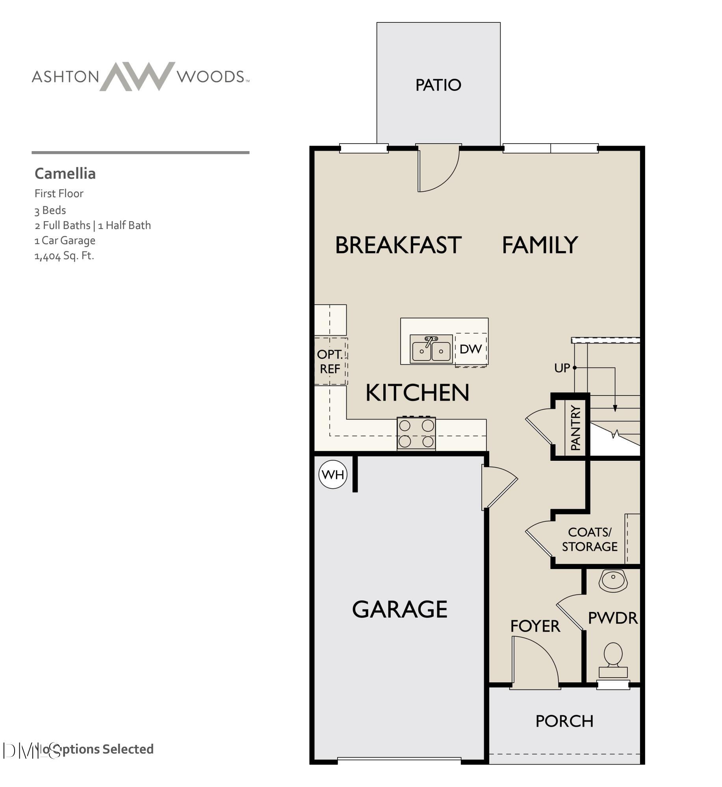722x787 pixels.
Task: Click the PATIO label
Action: pos(438,85)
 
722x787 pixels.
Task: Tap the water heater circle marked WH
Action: pos(333,475)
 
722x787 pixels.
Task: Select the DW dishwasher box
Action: pos(471,349)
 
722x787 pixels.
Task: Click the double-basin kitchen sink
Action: pos(431,349)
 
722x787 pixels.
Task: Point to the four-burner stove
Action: pos(416,433)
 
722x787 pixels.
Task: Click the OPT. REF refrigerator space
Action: pos(330,361)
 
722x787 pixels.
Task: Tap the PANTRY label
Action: pos(575,428)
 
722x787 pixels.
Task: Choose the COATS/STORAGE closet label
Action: pos(589,539)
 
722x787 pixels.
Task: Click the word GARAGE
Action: pos(399,609)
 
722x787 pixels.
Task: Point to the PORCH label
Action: pos(564,721)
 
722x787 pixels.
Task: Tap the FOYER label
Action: pos(535,626)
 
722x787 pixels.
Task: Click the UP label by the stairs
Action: pos(562,368)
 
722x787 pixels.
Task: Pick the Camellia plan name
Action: pos(65,174)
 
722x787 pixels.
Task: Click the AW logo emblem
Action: pos(137,76)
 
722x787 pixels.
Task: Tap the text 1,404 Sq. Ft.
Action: pos(64,256)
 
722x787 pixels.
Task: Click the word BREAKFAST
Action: pos(398,245)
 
